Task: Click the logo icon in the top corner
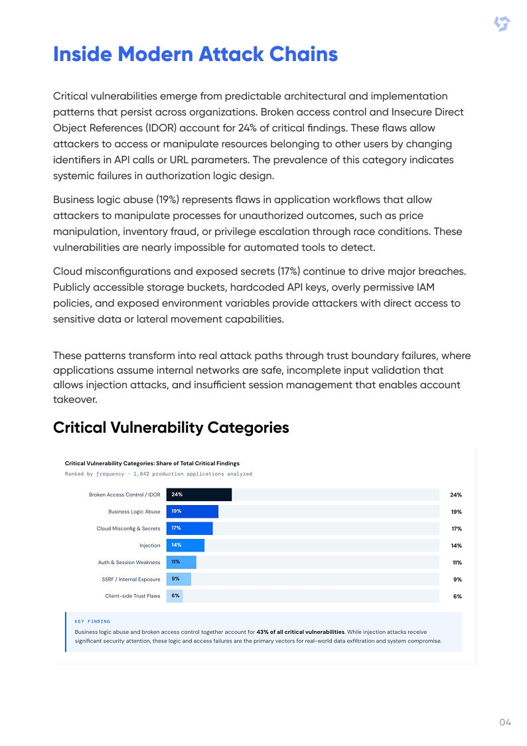click(502, 25)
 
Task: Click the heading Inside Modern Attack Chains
click(195, 54)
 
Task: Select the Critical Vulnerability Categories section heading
click(171, 427)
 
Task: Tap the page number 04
click(505, 722)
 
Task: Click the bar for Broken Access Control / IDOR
click(198, 494)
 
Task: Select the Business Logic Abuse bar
click(192, 512)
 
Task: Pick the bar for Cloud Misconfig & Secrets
click(189, 528)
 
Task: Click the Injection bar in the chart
click(185, 545)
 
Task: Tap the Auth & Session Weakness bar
click(181, 562)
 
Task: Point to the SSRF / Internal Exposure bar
click(179, 579)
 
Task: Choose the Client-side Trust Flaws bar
click(175, 596)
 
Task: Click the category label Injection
click(149, 546)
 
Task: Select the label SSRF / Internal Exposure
click(131, 579)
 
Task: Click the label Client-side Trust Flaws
click(133, 596)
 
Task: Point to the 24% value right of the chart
click(455, 495)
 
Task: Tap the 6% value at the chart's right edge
click(457, 597)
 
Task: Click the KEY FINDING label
click(92, 621)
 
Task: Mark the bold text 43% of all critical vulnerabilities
click(301, 632)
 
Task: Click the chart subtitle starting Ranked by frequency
click(158, 474)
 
